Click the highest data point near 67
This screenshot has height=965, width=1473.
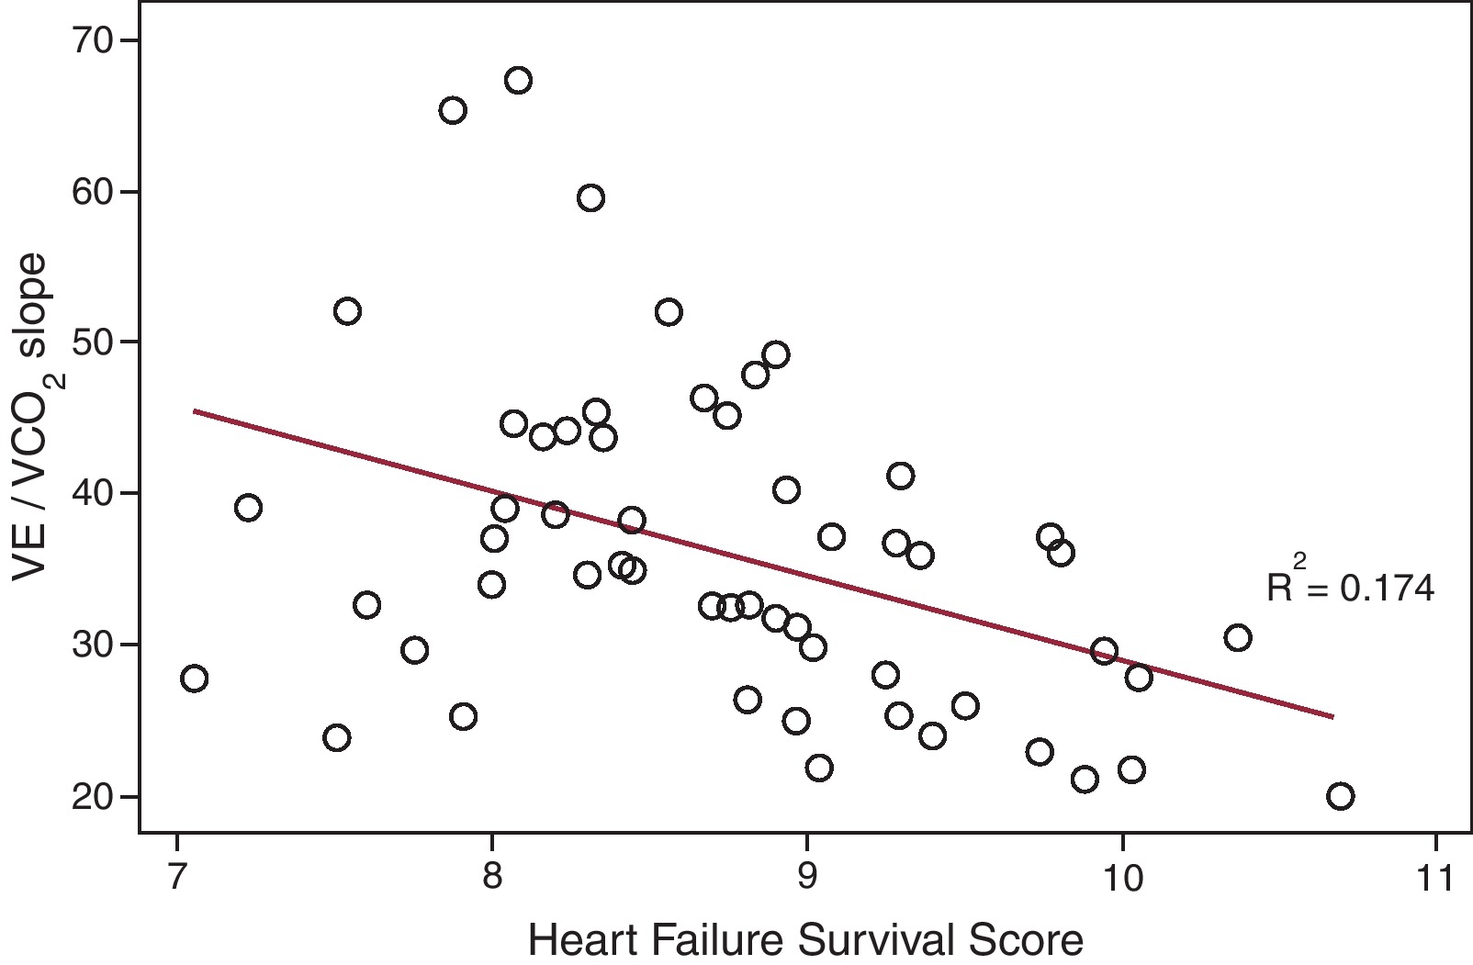[x=518, y=81]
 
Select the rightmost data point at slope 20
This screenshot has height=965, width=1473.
[x=1340, y=796]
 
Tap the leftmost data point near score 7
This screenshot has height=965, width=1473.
[x=194, y=679]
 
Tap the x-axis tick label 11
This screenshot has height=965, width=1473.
[x=1435, y=879]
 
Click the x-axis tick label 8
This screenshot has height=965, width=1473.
[x=492, y=879]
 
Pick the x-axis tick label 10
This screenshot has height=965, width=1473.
[x=1121, y=879]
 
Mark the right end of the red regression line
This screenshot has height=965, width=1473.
[x=1332, y=716]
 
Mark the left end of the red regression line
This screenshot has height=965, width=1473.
[x=195, y=411]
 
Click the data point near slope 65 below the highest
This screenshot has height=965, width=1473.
[x=453, y=111]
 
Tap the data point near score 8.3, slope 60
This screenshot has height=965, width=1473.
[x=590, y=198]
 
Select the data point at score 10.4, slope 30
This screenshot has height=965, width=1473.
[x=1237, y=638]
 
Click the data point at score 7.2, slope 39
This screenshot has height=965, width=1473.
[x=248, y=508]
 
